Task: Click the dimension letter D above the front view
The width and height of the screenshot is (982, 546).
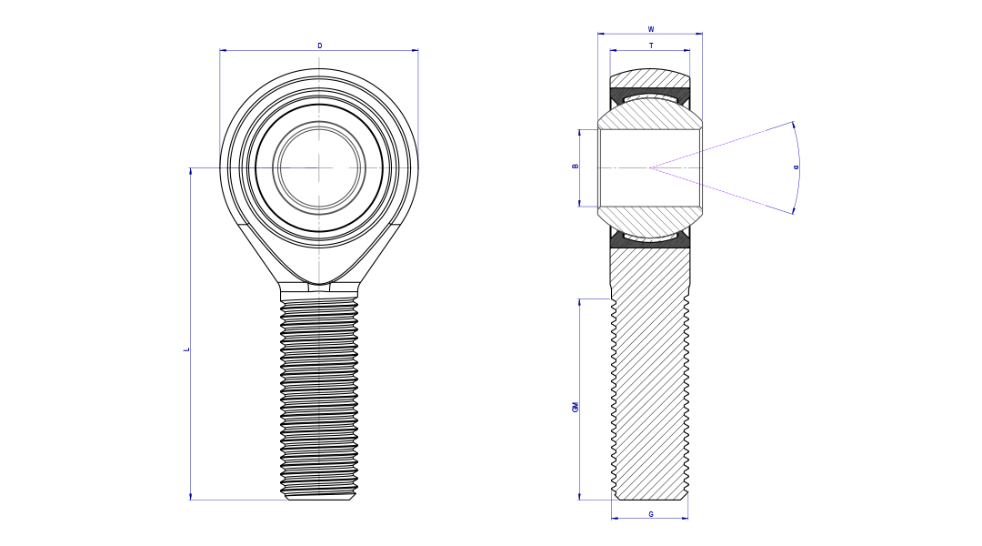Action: point(319,45)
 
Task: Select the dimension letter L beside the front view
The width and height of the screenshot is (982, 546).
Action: point(186,349)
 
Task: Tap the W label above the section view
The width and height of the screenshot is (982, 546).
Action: point(650,29)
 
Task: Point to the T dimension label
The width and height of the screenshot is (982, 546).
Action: point(650,45)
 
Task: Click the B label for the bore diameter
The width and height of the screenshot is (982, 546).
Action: point(575,167)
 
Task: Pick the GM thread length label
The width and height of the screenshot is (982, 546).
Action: point(575,407)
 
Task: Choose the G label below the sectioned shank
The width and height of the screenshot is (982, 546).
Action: point(650,514)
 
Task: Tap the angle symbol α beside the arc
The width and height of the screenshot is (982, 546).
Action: point(797,167)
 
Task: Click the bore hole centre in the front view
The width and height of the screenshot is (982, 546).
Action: point(319,167)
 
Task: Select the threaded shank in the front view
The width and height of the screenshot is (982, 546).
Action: point(319,400)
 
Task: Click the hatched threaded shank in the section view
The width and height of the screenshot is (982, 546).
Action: point(649,382)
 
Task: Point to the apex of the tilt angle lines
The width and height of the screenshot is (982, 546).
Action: point(650,167)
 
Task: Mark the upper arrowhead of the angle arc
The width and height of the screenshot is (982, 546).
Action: point(793,124)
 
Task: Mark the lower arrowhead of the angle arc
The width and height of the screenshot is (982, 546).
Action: point(793,211)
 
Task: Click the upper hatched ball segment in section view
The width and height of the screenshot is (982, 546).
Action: point(649,114)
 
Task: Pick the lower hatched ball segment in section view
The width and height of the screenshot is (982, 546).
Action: point(649,220)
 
